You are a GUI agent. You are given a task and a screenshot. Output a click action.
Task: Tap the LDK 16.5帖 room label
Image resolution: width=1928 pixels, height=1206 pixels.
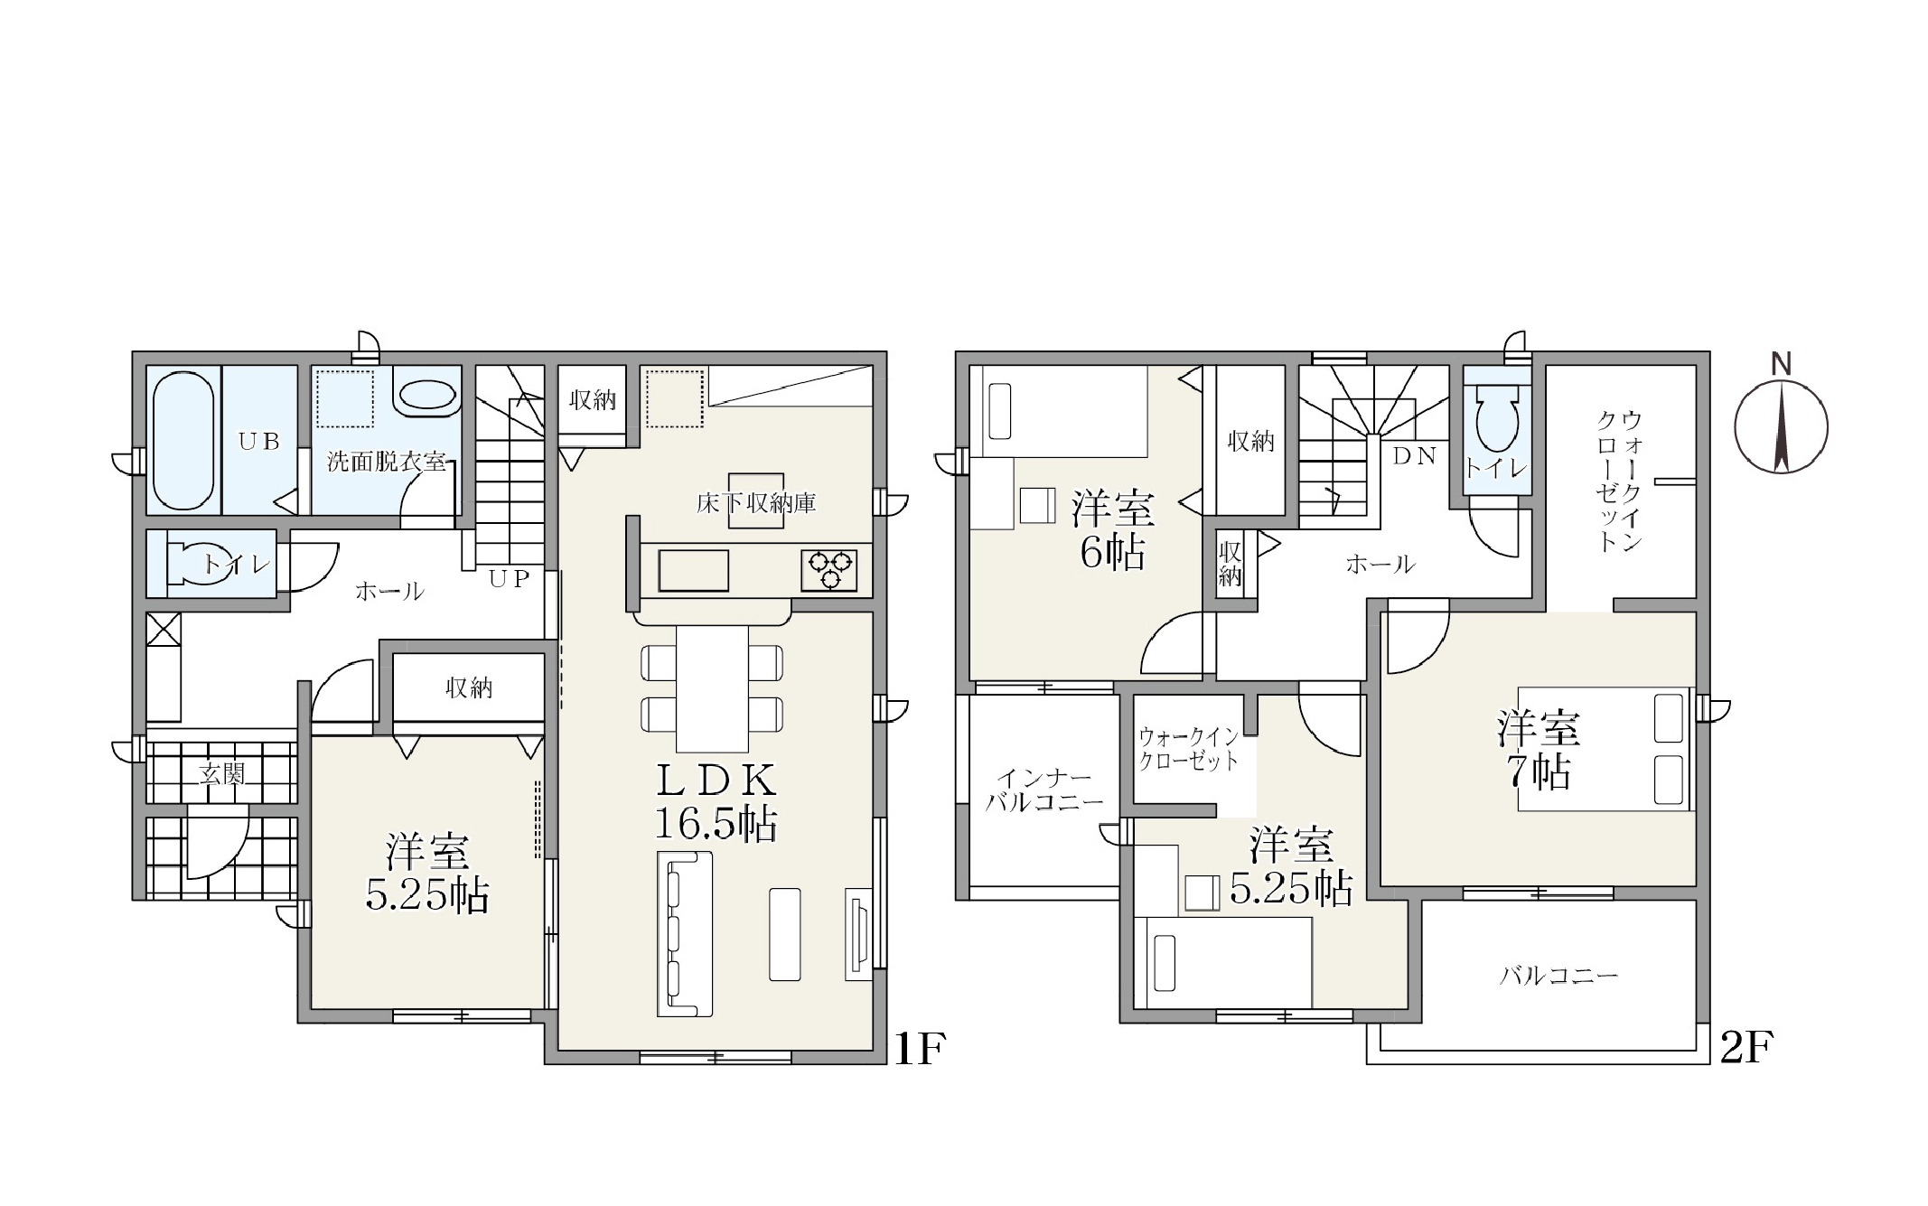tap(716, 800)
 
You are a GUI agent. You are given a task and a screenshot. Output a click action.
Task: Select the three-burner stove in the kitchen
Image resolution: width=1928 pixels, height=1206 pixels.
tap(829, 571)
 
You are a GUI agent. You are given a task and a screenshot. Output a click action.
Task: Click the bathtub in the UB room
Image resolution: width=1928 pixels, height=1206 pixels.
tap(183, 441)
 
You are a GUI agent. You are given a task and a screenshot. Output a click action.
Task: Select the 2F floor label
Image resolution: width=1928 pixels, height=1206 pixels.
tap(1746, 1048)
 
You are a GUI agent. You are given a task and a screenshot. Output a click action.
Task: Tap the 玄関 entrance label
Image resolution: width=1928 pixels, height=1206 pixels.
tap(221, 774)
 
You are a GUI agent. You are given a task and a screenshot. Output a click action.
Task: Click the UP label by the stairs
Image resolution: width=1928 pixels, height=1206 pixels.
tap(509, 579)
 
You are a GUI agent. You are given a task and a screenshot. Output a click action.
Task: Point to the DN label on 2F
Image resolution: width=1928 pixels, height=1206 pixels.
tap(1414, 457)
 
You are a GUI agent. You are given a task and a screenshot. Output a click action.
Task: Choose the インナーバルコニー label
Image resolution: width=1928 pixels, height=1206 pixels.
tap(1044, 790)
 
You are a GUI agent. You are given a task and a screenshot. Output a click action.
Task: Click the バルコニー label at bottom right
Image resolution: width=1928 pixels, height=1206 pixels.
tap(1558, 976)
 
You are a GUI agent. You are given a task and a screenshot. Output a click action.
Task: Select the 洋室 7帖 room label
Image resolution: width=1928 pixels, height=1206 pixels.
tap(1538, 750)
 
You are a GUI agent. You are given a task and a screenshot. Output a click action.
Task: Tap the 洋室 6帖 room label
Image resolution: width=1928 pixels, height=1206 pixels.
tap(1113, 530)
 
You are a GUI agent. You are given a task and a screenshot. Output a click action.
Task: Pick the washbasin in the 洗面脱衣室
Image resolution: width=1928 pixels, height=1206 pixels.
tap(426, 396)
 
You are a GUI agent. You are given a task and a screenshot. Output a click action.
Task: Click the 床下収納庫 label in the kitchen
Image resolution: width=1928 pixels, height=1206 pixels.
tap(756, 503)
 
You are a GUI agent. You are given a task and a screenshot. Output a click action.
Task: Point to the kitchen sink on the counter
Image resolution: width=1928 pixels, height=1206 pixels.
tap(694, 570)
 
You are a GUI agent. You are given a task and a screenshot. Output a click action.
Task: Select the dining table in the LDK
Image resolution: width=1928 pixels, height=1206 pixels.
tap(712, 688)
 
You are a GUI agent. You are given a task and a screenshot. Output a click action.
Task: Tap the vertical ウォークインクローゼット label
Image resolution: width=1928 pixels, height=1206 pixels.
tap(1619, 481)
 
